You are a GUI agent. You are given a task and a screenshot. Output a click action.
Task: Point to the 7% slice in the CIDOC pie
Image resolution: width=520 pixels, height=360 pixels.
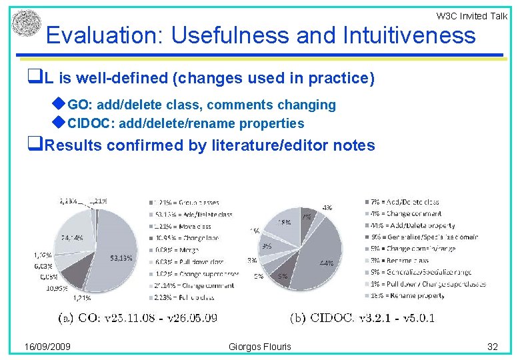click(306, 219)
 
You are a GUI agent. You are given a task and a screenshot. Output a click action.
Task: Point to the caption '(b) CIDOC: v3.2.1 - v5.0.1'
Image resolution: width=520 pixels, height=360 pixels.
click(363, 317)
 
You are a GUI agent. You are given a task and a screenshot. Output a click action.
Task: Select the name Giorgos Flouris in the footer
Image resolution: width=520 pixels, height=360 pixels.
click(260, 347)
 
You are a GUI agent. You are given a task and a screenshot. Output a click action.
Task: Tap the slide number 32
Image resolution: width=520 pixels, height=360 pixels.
click(493, 347)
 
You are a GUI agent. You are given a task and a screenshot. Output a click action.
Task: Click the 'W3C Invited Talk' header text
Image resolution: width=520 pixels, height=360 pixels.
click(471, 16)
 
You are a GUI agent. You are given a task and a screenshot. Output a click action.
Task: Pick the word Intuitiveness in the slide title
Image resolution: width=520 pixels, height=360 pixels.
click(409, 35)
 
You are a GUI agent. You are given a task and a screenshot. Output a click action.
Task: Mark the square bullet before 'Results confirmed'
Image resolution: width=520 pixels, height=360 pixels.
click(33, 145)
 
